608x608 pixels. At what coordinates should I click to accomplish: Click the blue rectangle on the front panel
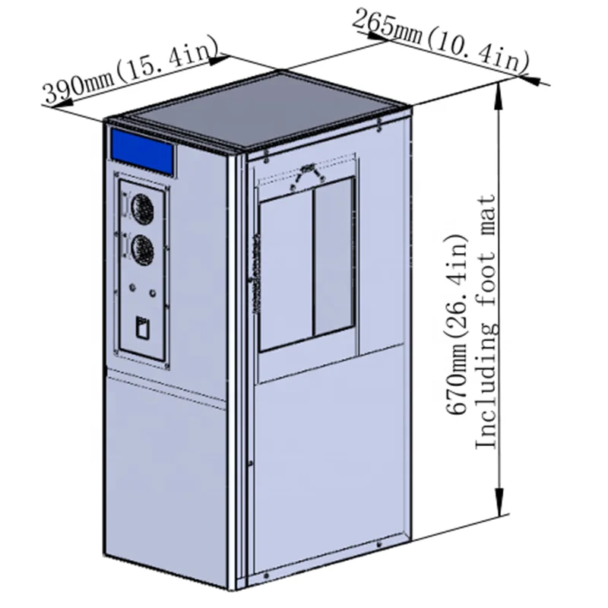tap(143, 150)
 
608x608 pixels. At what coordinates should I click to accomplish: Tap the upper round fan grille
tap(142, 209)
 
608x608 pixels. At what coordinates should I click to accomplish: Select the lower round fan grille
tap(142, 251)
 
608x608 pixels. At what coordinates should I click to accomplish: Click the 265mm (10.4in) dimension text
tap(441, 41)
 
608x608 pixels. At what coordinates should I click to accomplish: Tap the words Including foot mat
tap(486, 321)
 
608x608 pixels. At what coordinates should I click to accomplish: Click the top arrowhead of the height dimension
tap(499, 97)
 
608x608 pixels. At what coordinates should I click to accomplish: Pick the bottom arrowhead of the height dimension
tap(499, 502)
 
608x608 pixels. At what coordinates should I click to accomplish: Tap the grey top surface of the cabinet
tap(261, 109)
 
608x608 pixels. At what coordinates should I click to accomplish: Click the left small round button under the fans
tap(132, 287)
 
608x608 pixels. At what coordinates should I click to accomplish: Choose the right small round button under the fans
tap(153, 293)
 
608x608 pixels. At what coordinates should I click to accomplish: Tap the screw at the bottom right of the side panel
tap(379, 545)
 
